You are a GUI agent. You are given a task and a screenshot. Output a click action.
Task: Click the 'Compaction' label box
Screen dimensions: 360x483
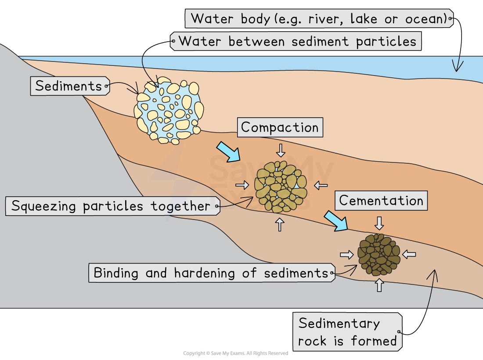[280, 128]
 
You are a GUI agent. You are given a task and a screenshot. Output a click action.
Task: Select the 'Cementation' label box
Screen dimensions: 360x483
[381, 201]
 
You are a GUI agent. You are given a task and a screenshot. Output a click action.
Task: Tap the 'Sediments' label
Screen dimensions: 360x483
[68, 86]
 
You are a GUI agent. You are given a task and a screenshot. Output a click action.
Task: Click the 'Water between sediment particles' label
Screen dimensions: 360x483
[297, 42]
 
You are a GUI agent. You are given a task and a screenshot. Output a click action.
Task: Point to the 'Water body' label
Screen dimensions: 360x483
[319, 19]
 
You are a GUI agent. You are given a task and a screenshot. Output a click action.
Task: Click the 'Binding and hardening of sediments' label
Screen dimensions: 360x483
[211, 273]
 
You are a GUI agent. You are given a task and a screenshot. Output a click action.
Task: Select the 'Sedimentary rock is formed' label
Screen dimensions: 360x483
[347, 332]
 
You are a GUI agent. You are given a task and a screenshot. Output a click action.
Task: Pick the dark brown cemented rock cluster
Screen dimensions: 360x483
[378, 254]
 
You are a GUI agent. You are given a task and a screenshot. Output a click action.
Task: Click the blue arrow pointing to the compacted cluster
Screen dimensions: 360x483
[228, 152]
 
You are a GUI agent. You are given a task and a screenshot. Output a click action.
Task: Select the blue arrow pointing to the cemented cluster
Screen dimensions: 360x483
[336, 220]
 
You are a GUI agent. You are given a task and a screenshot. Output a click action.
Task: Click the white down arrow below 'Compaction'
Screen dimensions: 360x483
[281, 150]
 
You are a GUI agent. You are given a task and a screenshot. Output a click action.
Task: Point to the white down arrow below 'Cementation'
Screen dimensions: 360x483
[379, 222]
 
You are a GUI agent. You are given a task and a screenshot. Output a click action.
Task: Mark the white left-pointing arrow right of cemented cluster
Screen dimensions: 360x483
[409, 254]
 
